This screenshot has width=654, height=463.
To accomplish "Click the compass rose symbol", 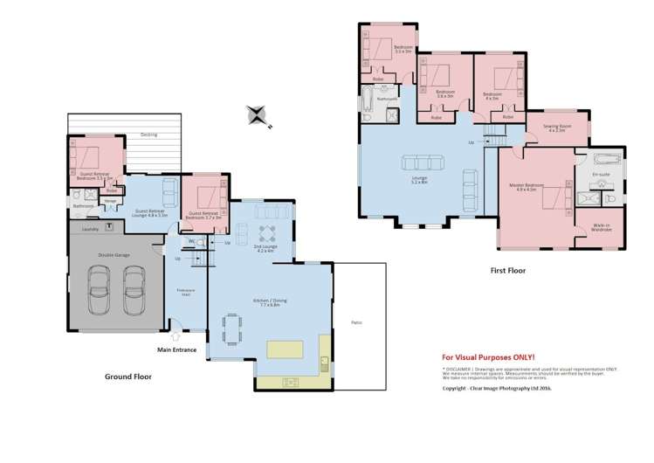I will (258, 114).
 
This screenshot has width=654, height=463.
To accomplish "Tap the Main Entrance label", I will (176, 350).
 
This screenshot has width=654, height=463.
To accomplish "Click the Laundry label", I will (89, 230).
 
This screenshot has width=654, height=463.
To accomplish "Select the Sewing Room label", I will (558, 128).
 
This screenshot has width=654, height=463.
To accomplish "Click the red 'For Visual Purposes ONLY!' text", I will (488, 357).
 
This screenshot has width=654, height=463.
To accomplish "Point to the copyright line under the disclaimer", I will (497, 388).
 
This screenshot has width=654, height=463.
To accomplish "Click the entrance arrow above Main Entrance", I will (176, 334).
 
